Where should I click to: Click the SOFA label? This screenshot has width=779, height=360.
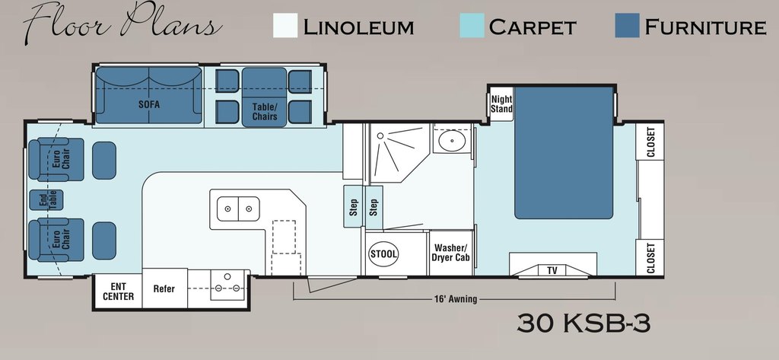(x=149, y=104)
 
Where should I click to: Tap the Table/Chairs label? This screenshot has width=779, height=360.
(x=264, y=112)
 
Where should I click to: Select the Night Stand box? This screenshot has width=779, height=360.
(x=501, y=104)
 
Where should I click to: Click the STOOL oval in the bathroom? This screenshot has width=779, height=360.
(x=384, y=254)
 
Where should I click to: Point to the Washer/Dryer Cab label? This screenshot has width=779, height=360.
(x=451, y=253)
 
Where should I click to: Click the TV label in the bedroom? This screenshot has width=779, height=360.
(x=552, y=270)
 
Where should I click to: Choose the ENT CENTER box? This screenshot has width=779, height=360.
(x=118, y=292)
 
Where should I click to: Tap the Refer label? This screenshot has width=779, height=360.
(x=164, y=288)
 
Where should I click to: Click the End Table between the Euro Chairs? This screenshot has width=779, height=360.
(x=46, y=200)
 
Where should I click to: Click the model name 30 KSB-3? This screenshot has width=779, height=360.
(x=583, y=323)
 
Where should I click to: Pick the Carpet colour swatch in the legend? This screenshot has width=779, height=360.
(x=472, y=25)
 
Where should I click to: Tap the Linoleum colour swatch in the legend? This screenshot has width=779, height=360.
(x=285, y=25)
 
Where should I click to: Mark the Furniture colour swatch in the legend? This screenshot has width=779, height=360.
(x=627, y=25)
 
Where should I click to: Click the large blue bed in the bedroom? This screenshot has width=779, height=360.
(x=564, y=153)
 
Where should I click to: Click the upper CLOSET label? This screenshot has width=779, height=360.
(x=650, y=142)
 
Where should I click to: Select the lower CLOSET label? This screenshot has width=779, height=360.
(x=650, y=257)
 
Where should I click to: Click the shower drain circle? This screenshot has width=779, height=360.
(x=380, y=135)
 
